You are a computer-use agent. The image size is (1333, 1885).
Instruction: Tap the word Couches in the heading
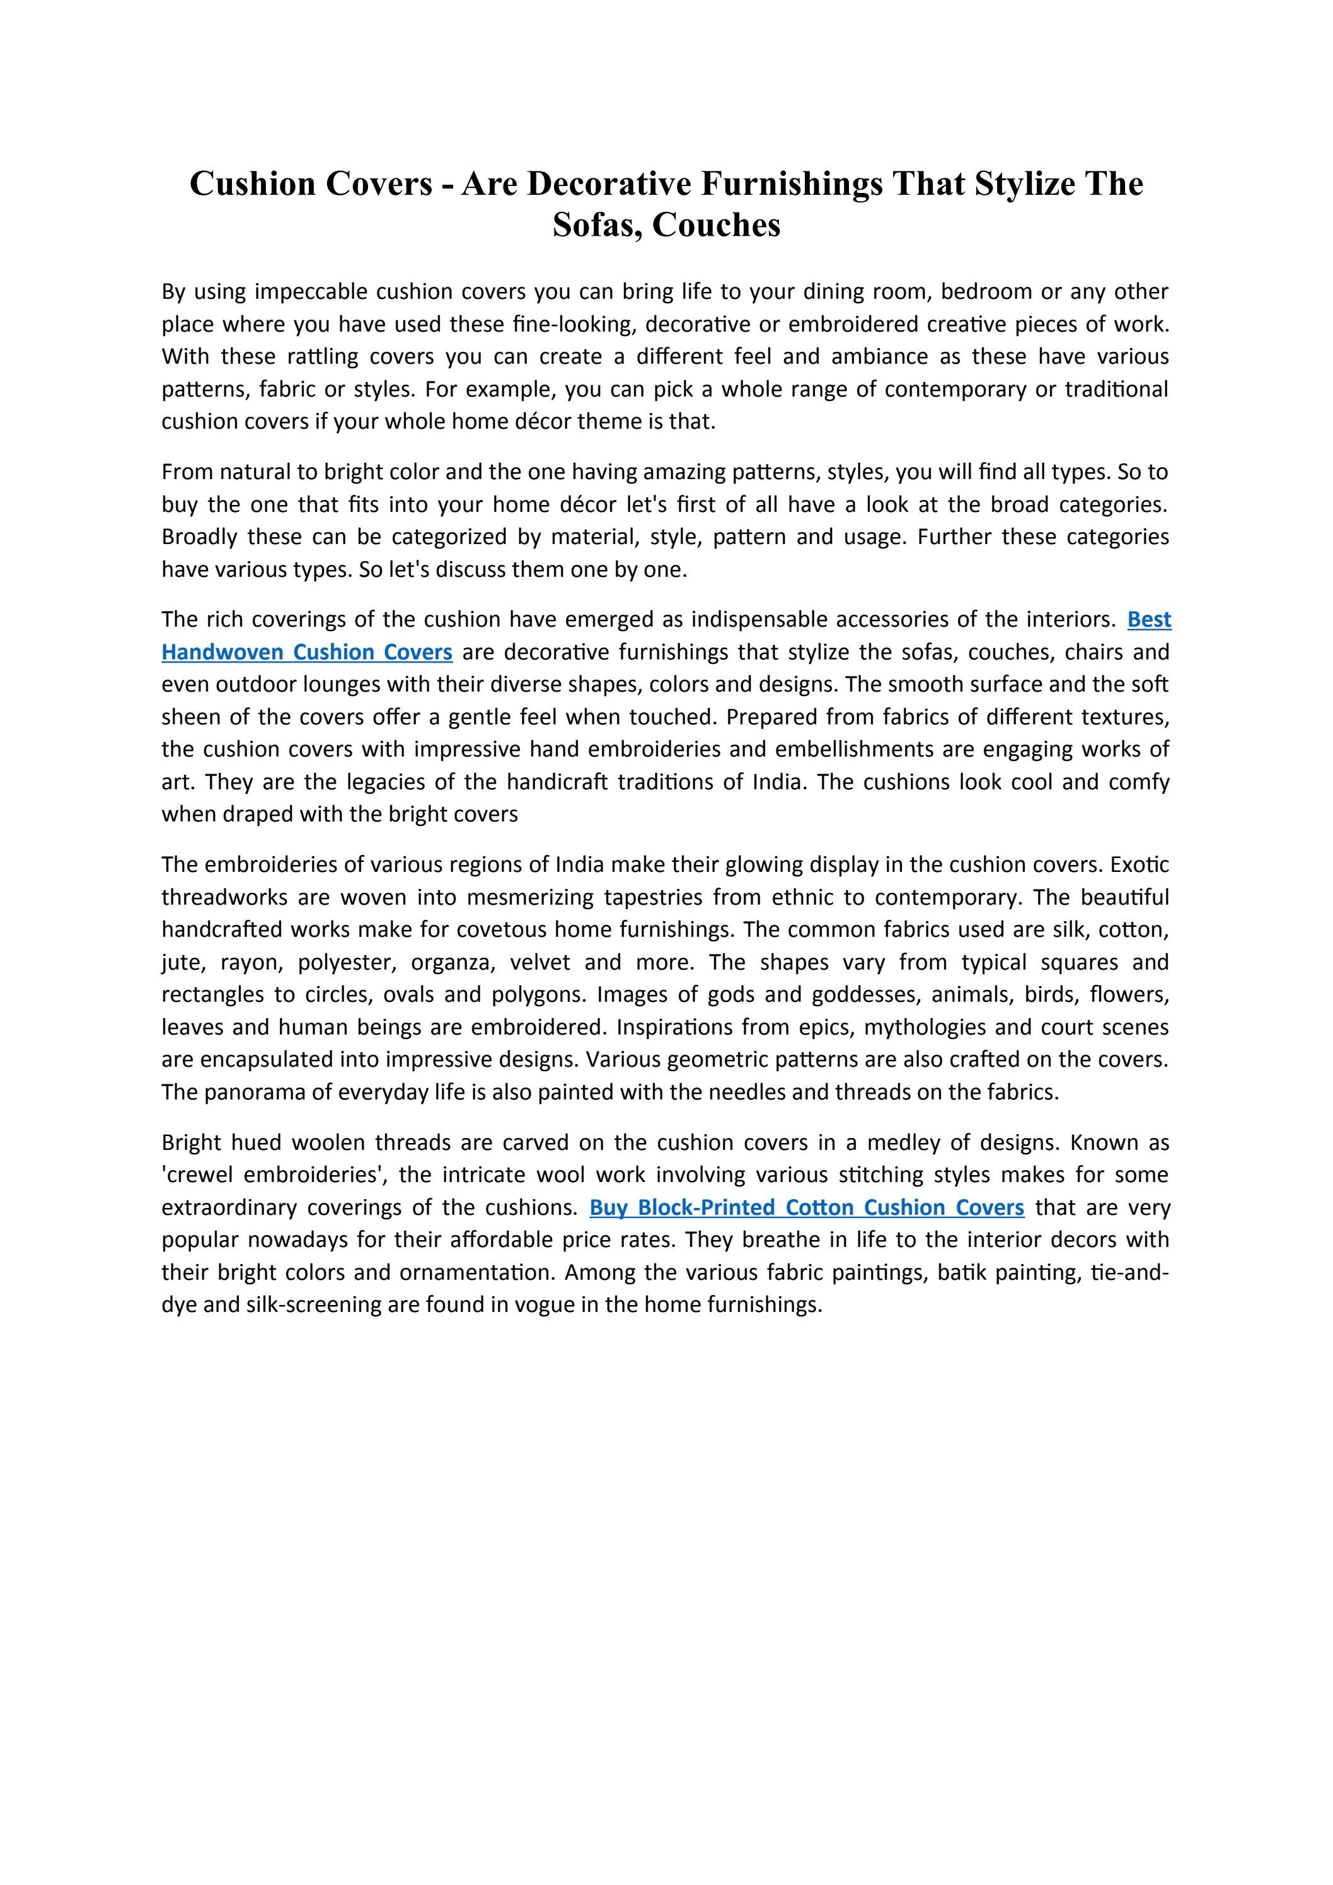716,225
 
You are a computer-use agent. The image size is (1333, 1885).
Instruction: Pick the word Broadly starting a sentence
199,537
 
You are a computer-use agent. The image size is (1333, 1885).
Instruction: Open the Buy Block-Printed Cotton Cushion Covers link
806,1208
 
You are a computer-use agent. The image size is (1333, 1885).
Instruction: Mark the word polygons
538,995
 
